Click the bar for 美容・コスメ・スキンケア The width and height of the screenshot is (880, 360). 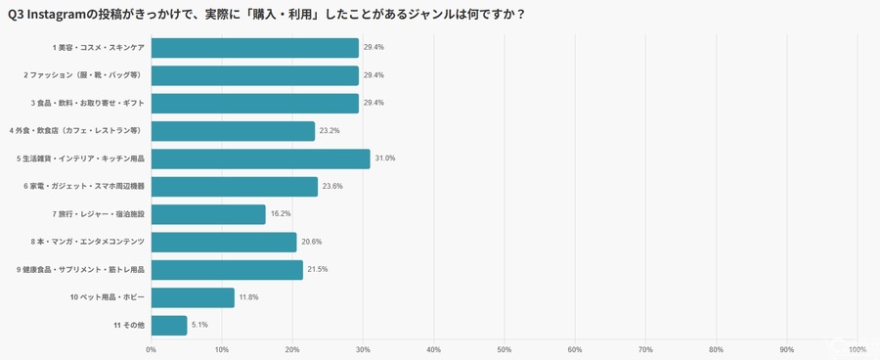(255, 48)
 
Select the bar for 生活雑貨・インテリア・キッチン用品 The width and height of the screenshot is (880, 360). (261, 158)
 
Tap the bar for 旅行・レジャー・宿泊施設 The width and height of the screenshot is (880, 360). (208, 214)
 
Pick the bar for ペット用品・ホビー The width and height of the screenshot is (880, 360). (193, 297)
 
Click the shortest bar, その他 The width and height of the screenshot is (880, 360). (169, 325)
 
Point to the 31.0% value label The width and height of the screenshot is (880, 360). (385, 158)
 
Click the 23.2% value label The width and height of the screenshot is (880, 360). (330, 131)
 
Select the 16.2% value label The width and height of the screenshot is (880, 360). (281, 214)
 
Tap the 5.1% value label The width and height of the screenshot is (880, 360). (198, 325)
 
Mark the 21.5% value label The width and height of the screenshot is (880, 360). (318, 269)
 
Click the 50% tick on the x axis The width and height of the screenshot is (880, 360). (505, 349)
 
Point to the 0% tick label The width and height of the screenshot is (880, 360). (152, 349)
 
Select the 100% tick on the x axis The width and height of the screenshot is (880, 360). (857, 349)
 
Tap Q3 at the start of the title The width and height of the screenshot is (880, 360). (15, 15)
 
